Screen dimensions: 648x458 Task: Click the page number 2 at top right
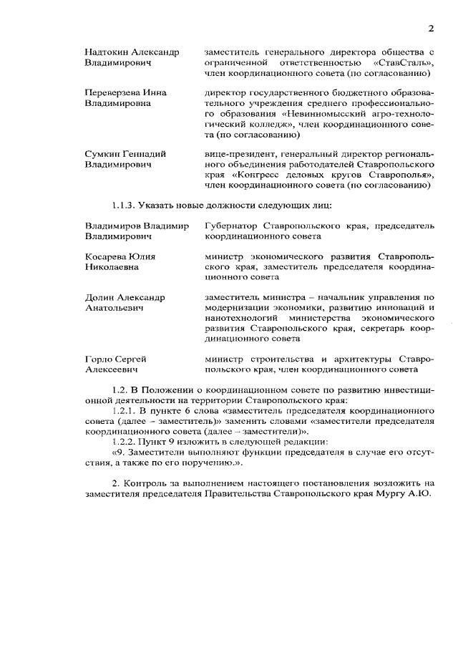431,29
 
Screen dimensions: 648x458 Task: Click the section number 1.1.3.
125,206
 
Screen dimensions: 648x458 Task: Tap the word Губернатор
230,226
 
